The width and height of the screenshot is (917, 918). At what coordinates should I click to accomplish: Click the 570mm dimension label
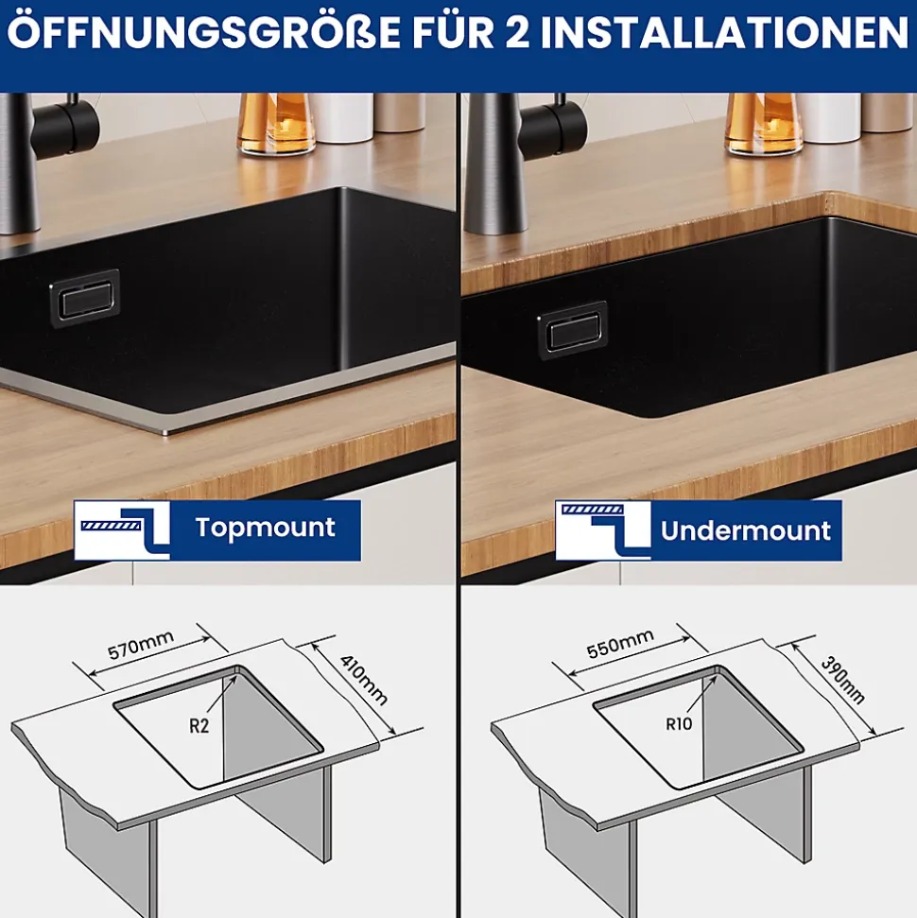pos(141,645)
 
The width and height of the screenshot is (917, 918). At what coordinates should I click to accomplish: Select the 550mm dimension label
pos(620,644)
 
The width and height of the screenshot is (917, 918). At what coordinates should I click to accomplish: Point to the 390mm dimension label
pos(842,680)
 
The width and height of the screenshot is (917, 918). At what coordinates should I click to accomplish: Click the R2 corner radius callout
pos(199,726)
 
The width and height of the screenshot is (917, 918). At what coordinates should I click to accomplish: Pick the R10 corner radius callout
pos(680,724)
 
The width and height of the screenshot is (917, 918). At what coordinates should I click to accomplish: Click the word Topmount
pos(266,528)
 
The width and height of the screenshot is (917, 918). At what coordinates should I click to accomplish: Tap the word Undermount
pos(746,530)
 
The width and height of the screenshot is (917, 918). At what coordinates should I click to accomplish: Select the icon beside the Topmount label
pos(122,530)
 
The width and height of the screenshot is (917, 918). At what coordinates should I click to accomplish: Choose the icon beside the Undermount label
pos(603,530)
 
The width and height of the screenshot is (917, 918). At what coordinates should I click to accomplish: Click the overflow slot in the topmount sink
pos(85,298)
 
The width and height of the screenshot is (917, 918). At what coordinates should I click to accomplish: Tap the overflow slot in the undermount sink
pos(573,330)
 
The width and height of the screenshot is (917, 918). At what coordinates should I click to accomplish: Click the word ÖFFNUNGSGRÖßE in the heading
pos(204,33)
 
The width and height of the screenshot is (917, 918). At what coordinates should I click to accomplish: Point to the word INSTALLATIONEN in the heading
pos(724,33)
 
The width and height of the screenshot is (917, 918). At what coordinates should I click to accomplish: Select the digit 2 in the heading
pos(515,33)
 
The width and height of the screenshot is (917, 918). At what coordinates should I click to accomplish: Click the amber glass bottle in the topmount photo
pos(276,124)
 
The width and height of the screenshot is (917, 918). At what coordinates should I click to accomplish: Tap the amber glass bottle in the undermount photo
pos(764,124)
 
